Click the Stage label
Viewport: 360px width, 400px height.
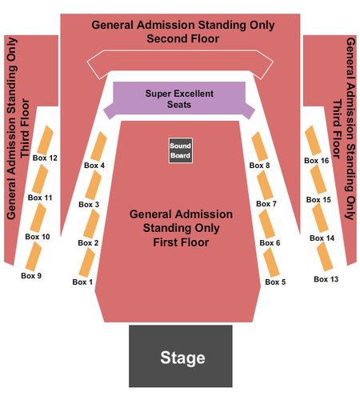tap(182, 358)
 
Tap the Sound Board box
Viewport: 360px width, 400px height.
tap(181, 150)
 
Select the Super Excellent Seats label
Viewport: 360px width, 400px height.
tap(179, 99)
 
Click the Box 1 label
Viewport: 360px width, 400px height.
tap(82, 282)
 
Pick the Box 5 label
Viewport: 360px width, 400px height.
tap(275, 282)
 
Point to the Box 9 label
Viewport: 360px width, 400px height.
tap(31, 276)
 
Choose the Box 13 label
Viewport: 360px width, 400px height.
tap(326, 279)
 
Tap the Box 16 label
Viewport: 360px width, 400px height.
tap(317, 161)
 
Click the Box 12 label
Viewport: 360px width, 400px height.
tap(45, 158)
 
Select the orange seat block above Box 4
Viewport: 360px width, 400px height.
tap(98, 146)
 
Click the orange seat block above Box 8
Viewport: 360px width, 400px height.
tap(260, 146)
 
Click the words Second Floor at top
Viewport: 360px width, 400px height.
tap(183, 38)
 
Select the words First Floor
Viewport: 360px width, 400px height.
tap(181, 242)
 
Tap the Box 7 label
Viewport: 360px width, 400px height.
tap(266, 204)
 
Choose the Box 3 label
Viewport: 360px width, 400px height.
tap(89, 205)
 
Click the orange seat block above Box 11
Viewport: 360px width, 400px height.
tap(40, 179)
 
